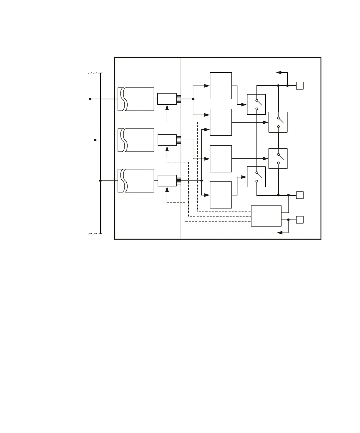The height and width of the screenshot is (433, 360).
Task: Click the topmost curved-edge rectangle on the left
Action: click(136, 99)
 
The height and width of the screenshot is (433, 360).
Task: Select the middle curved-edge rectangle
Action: click(136, 140)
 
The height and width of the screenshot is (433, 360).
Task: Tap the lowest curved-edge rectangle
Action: click(136, 181)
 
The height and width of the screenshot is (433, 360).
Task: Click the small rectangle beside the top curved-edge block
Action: click(167, 99)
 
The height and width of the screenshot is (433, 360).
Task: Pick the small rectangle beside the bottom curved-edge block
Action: click(167, 181)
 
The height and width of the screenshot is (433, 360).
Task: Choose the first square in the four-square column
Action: click(221, 86)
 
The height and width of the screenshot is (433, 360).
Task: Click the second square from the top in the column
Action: click(221, 122)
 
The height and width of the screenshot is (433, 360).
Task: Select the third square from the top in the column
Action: click(221, 159)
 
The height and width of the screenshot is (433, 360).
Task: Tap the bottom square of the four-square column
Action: click(221, 195)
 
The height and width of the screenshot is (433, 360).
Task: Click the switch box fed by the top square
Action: click(256, 105)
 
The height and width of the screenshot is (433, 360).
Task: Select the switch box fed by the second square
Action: click(278, 122)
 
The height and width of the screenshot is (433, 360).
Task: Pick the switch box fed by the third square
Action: click(278, 158)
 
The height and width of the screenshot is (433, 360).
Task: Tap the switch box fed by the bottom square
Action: click(256, 177)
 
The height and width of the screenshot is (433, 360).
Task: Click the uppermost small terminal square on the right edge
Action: click(300, 86)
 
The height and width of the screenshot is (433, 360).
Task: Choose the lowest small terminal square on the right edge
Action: click(300, 220)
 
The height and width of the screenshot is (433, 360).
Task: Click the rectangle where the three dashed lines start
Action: click(266, 216)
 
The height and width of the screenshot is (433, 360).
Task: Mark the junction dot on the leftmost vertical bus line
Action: click(90, 99)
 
